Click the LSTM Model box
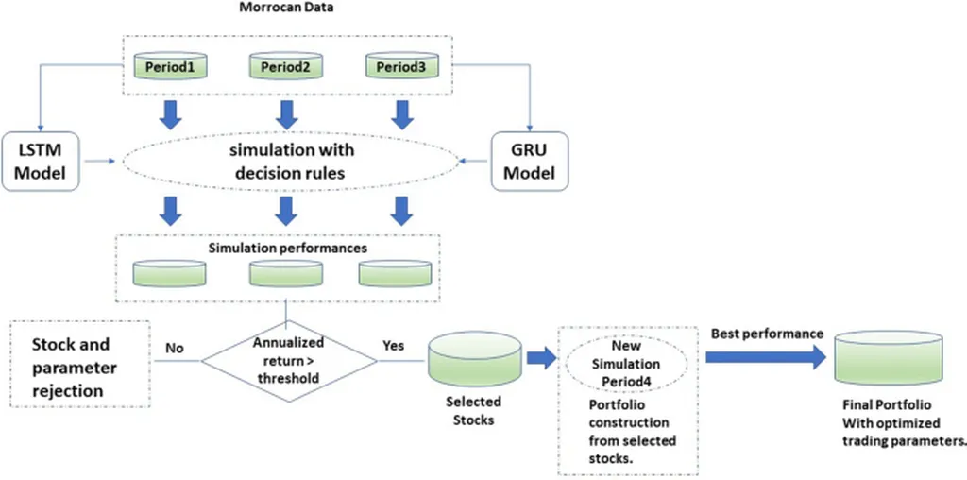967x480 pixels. click(x=41, y=162)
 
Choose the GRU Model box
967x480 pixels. click(x=529, y=162)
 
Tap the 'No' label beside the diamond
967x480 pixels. click(x=174, y=348)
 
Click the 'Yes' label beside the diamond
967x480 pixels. click(x=393, y=346)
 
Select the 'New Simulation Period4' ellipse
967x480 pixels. click(x=625, y=362)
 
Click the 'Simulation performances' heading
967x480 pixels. click(x=287, y=249)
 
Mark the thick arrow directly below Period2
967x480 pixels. click(x=287, y=114)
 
